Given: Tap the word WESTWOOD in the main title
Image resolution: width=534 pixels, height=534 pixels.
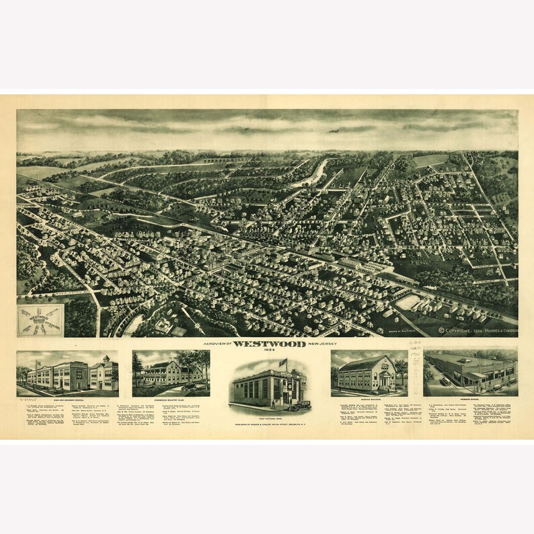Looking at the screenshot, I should (x=266, y=343).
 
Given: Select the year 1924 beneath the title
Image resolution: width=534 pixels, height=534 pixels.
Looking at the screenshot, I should (x=267, y=350).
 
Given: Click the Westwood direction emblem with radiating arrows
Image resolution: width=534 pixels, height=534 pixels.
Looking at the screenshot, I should (x=40, y=320).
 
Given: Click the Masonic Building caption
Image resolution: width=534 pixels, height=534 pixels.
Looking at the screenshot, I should (x=369, y=398).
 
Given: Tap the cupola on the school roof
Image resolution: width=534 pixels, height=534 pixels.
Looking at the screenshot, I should (x=106, y=358).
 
